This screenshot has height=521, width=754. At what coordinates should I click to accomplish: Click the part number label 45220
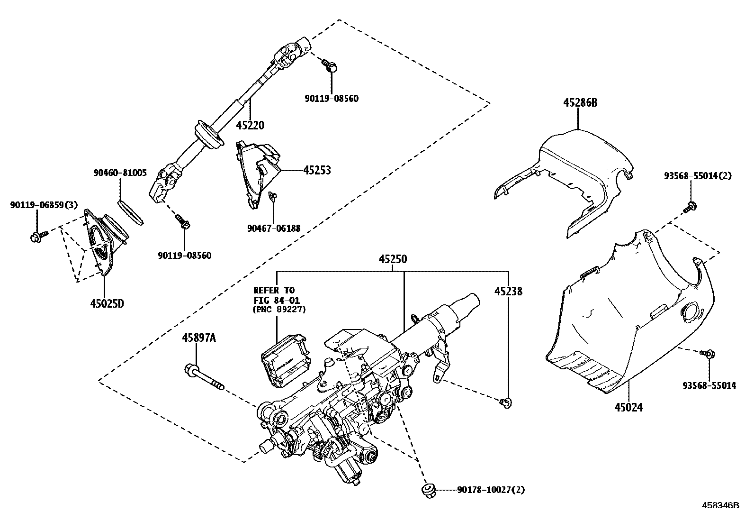pos(250,126)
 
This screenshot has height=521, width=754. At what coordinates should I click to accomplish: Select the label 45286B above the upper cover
pos(580,102)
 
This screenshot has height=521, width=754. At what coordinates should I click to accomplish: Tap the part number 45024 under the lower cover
pos(629,407)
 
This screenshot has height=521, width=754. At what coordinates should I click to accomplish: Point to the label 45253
pos(317,170)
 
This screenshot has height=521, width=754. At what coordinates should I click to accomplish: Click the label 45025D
pos(107,303)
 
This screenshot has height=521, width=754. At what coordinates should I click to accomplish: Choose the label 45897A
pos(199,338)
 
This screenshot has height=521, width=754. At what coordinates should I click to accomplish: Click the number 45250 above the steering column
pos(393,260)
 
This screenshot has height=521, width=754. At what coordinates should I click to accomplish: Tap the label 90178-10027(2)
pos(491,490)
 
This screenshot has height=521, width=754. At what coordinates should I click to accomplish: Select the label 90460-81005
pos(120,173)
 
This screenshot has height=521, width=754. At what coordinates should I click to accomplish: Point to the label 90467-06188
pos(274,229)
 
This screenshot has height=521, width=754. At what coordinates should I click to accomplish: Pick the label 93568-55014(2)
pos(698,176)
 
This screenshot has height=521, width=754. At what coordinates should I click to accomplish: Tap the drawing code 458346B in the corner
pos(720,505)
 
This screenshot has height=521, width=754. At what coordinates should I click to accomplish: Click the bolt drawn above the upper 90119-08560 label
pos(330,66)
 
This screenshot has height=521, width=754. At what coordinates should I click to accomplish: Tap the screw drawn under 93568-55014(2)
pos(691,206)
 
